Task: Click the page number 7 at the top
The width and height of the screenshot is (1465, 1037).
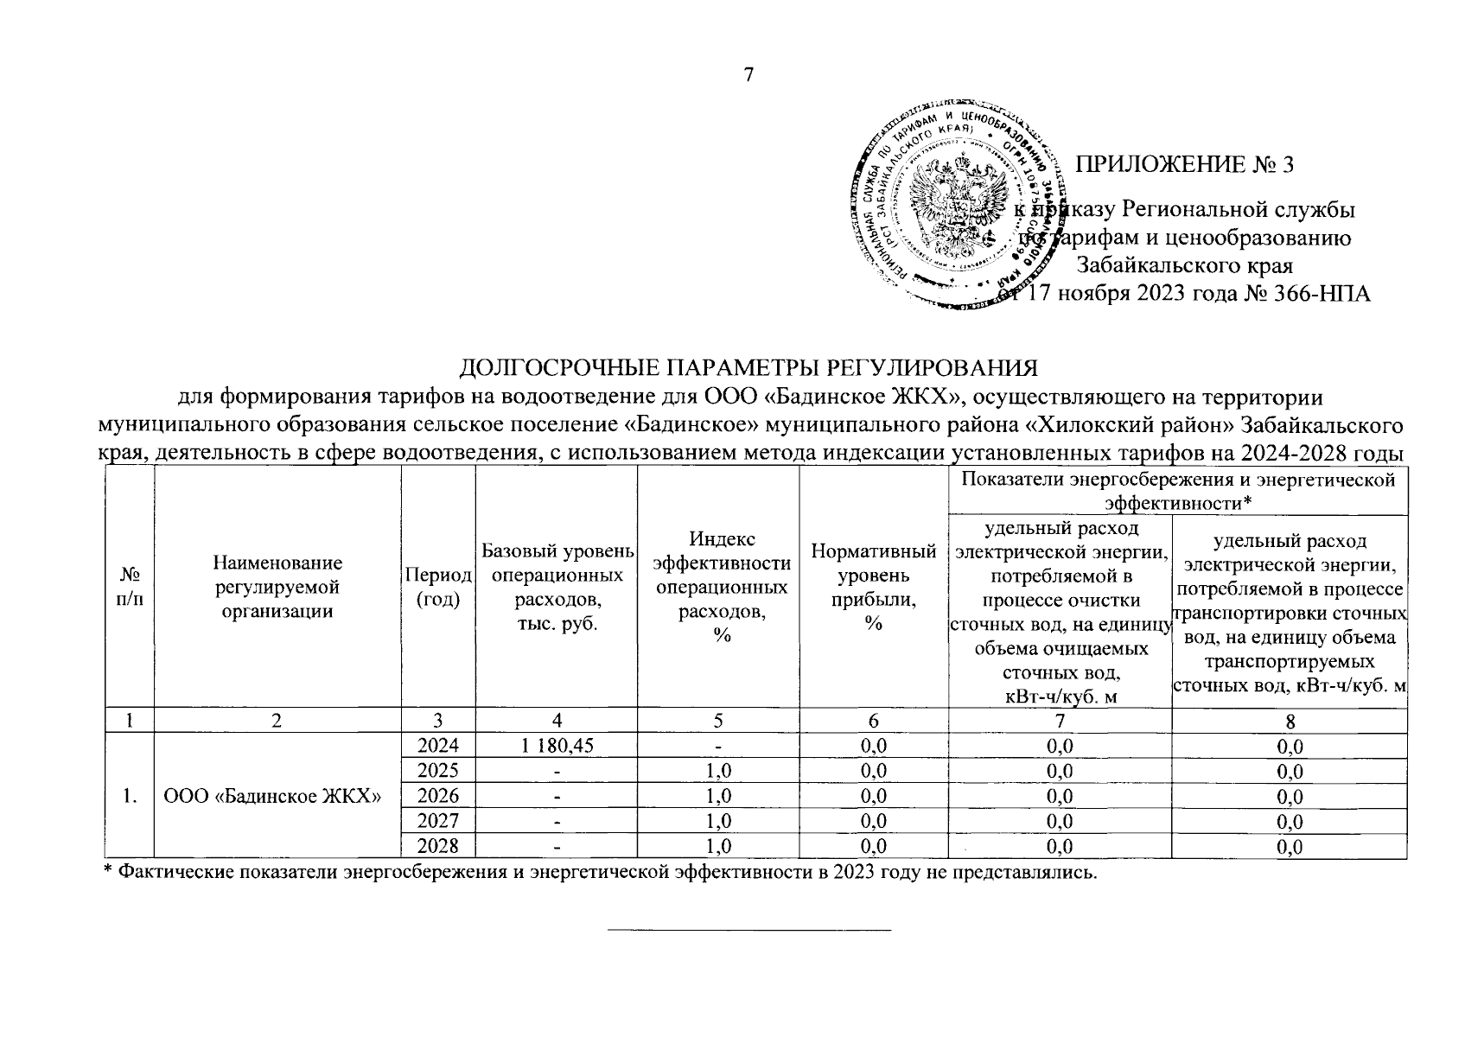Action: coord(748,76)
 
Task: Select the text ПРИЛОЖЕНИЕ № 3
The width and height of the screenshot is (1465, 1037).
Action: coord(1183,164)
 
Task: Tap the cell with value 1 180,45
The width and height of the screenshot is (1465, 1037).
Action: coord(557,746)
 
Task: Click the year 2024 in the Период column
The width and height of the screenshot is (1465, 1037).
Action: coord(438,746)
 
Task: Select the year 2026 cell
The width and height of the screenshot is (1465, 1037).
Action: coord(438,796)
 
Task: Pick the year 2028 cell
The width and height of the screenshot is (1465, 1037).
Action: coord(438,846)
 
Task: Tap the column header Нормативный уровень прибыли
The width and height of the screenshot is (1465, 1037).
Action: coord(873,588)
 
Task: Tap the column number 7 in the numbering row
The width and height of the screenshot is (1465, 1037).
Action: coord(1060,722)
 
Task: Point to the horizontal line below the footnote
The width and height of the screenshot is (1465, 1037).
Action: coord(748,930)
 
